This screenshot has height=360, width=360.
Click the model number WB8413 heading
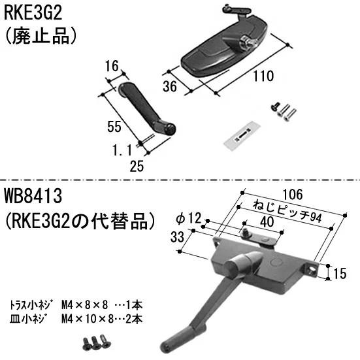(31, 195)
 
